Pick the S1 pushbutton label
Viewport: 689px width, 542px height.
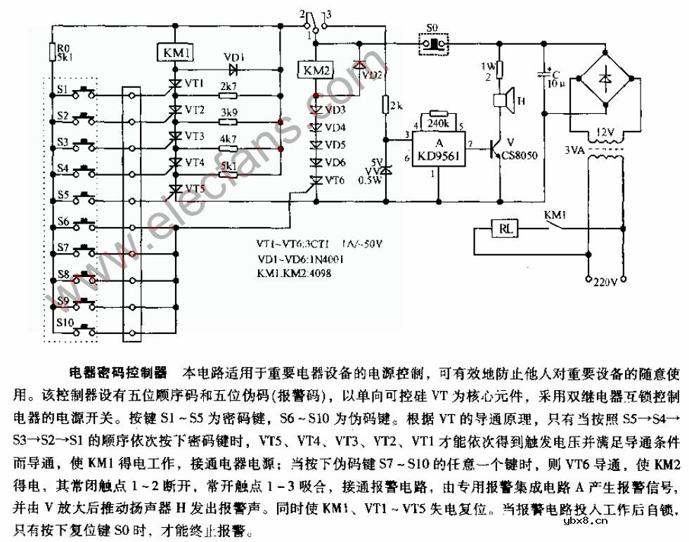pos(63,90)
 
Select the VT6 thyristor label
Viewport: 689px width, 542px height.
pos(335,180)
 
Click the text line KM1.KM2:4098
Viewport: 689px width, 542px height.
pos(294,273)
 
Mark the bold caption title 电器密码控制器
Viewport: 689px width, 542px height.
pos(117,371)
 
